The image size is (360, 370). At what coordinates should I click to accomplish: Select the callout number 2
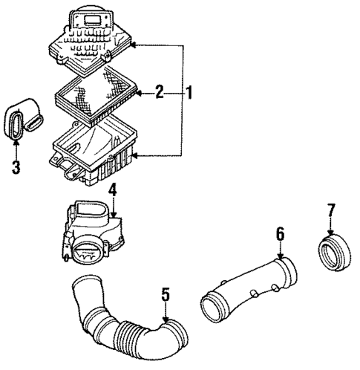(159, 93)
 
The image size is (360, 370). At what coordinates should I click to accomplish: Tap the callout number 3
(16, 166)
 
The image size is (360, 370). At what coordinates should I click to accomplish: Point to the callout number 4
(111, 192)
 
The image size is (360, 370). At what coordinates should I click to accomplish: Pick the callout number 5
(165, 296)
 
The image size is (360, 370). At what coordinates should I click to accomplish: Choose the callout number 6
(280, 235)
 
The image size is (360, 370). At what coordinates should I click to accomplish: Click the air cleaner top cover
(88, 36)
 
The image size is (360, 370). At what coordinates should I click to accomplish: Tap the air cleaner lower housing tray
(92, 152)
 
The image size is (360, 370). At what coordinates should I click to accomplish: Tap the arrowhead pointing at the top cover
(134, 45)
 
